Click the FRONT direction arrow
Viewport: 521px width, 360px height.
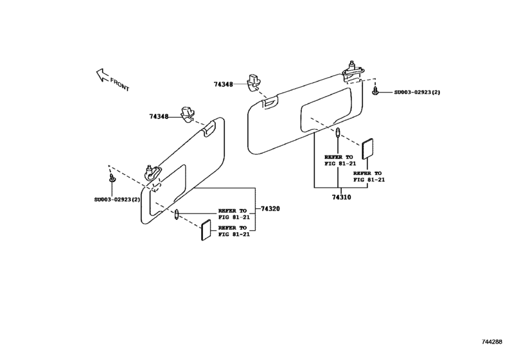click(x=102, y=75)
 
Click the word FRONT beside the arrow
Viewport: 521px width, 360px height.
click(x=120, y=84)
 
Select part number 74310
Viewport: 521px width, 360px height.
click(x=341, y=197)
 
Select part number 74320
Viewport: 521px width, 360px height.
click(x=270, y=209)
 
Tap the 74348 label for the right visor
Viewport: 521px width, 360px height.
click(x=224, y=84)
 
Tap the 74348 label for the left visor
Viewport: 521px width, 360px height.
click(x=159, y=116)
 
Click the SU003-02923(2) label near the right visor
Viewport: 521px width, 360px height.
click(x=417, y=92)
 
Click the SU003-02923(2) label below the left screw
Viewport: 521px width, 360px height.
click(x=117, y=200)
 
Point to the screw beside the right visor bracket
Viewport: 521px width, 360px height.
click(x=375, y=91)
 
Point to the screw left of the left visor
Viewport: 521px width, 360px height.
click(x=112, y=178)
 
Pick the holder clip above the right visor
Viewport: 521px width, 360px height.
click(x=253, y=82)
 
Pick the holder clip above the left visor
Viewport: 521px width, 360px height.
click(x=188, y=114)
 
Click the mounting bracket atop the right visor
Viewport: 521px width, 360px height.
click(x=353, y=71)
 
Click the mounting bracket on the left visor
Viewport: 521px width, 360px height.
click(x=153, y=173)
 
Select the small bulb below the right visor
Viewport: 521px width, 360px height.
click(x=338, y=132)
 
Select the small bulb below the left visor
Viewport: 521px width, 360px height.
click(x=177, y=215)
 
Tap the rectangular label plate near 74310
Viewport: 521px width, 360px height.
click(x=367, y=149)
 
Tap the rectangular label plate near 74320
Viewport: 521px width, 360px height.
click(x=206, y=230)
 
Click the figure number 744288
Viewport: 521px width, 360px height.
click(x=492, y=342)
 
